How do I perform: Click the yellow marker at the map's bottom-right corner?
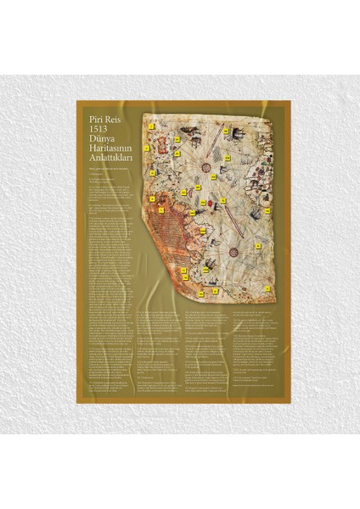(x=266, y=289)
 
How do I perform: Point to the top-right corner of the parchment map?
(x=270, y=115)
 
